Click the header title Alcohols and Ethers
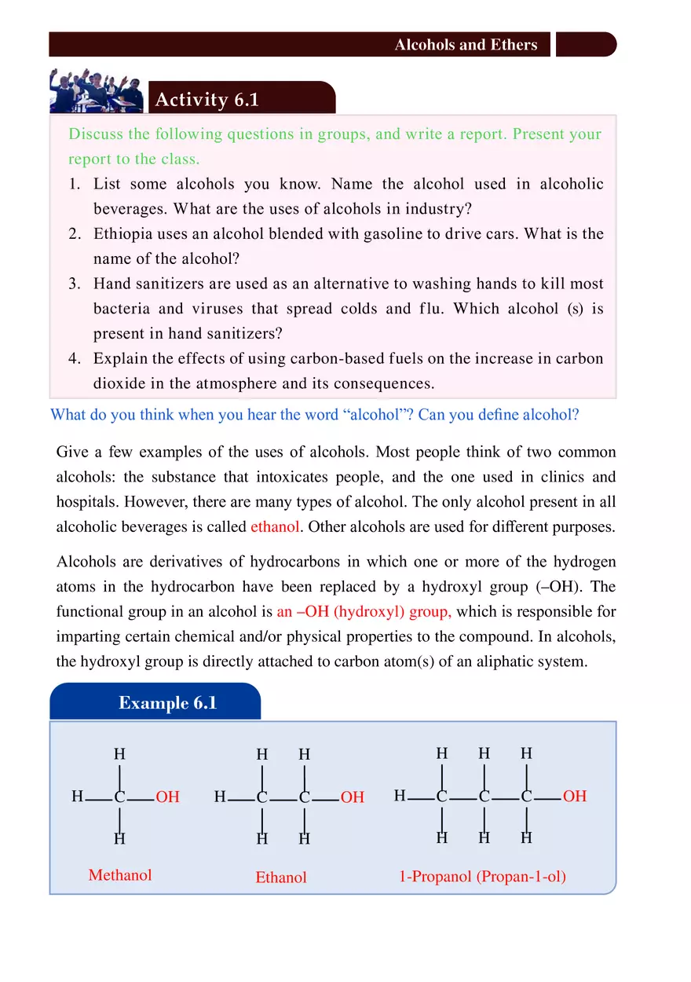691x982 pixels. [466, 45]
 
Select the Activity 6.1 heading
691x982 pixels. [207, 100]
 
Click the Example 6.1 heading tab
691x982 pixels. [167, 702]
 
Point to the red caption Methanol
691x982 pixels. [120, 875]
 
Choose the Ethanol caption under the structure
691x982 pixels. [280, 878]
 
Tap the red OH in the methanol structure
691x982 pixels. [167, 797]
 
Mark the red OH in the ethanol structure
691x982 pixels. [353, 797]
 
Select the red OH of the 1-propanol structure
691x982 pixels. [575, 797]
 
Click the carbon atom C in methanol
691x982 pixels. [119, 797]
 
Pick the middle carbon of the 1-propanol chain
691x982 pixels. [484, 797]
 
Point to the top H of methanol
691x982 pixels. [119, 754]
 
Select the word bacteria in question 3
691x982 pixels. [120, 309]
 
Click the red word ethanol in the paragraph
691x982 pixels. [275, 527]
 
